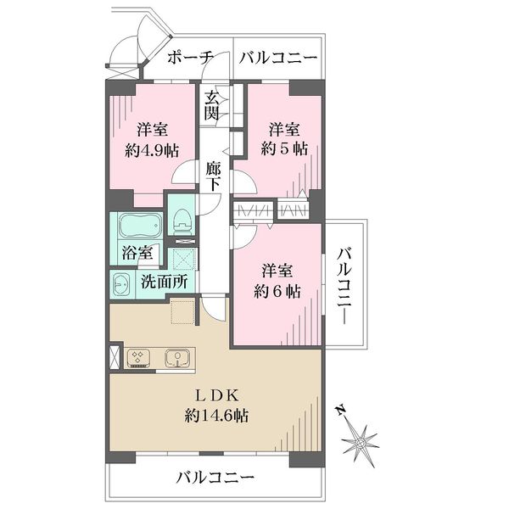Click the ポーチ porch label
[x=191, y=58]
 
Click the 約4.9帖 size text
[x=152, y=150]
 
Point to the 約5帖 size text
[x=284, y=149]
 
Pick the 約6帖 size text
[x=277, y=292]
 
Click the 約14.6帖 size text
[x=217, y=415]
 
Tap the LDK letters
[x=217, y=395]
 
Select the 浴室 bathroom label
[x=137, y=252]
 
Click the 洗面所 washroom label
[x=165, y=282]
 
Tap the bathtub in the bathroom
[x=141, y=226]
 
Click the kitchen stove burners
[x=137, y=358]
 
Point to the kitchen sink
[x=176, y=358]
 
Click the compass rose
[x=360, y=442]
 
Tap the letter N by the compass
[x=340, y=411]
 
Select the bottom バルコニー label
[x=215, y=478]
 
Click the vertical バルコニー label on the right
[x=344, y=286]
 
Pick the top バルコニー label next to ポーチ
[x=278, y=58]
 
